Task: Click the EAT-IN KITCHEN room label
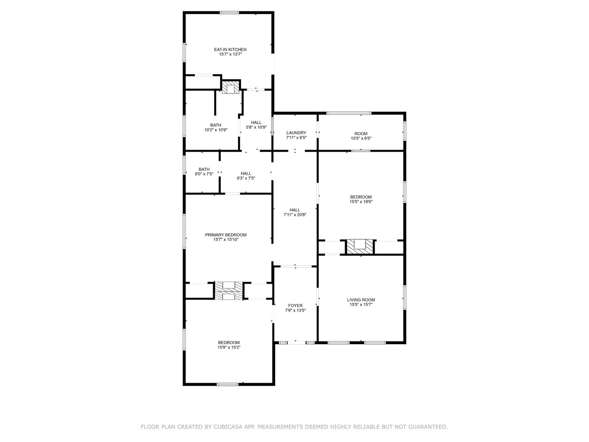230,50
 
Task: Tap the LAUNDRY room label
296,133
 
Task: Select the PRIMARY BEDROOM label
226,235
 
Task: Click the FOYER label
295,305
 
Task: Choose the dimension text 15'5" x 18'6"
360,202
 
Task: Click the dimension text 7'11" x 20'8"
295,215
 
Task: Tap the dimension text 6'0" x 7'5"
204,174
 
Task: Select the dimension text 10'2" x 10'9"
216,130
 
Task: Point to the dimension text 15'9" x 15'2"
229,347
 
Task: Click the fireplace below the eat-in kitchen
230,87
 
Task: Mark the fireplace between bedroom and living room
360,246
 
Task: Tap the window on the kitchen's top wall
229,13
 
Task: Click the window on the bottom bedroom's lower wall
227,384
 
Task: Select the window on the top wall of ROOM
349,114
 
